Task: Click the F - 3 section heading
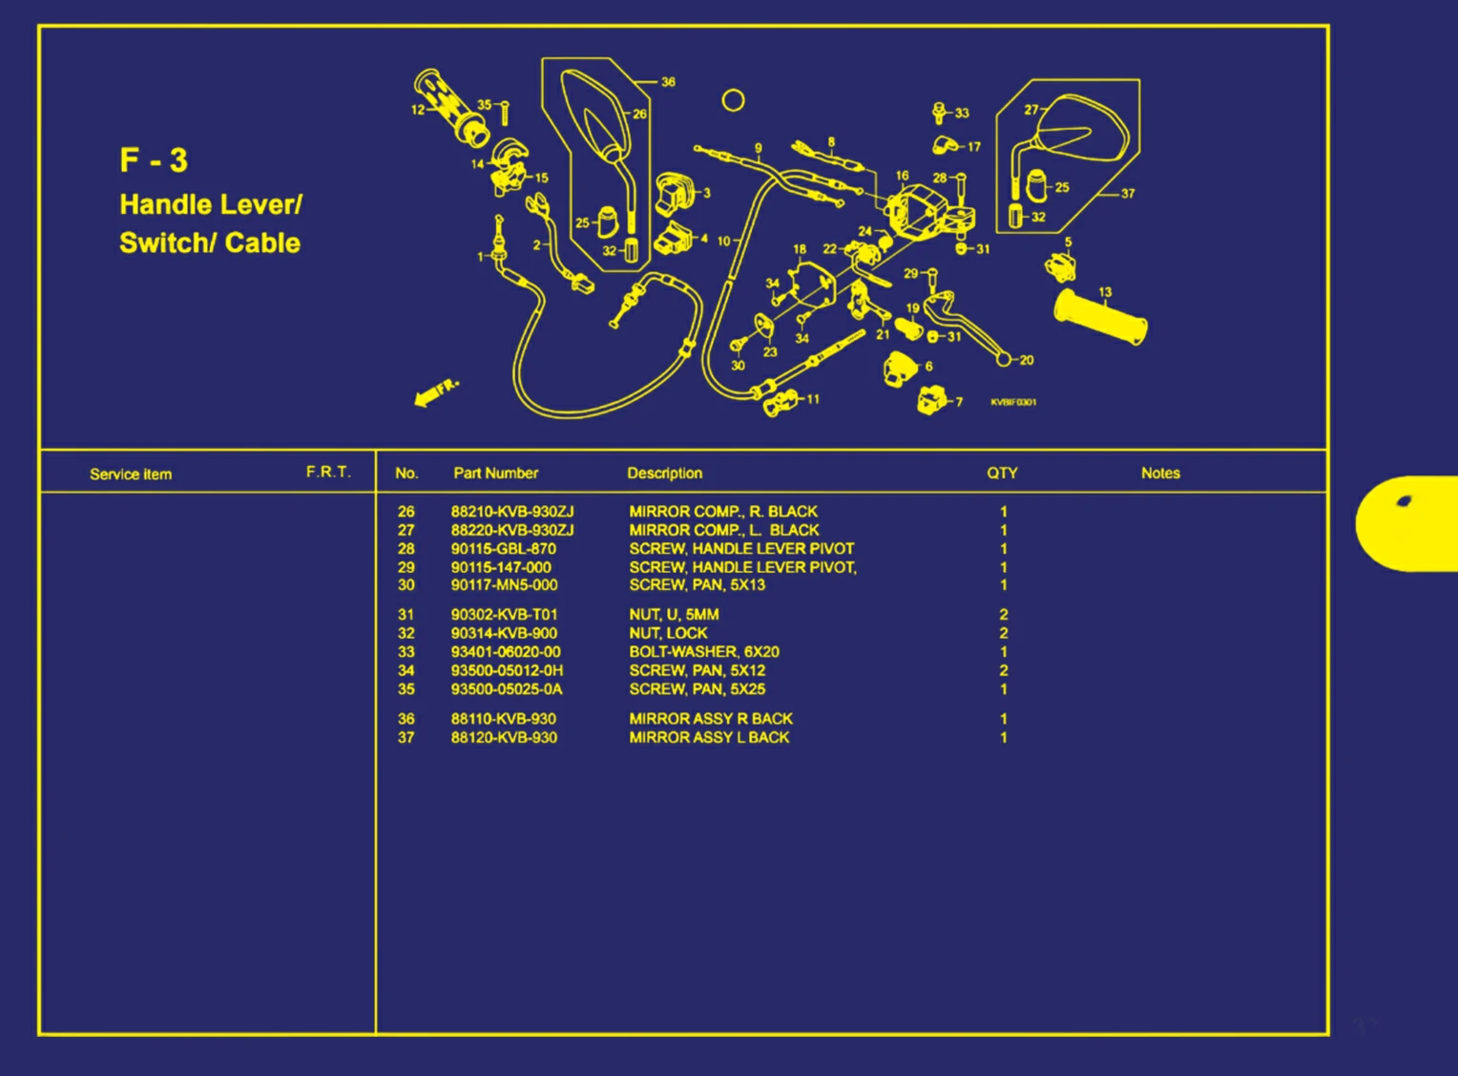click(x=154, y=160)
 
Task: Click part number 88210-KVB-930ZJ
click(x=512, y=512)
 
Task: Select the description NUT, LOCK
click(x=668, y=633)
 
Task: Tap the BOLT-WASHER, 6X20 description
click(x=703, y=652)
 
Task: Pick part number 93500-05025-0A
click(x=507, y=689)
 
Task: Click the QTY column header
click(x=1002, y=473)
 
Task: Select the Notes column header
click(x=1160, y=473)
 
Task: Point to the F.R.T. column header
click(x=328, y=472)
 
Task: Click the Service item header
click(x=131, y=475)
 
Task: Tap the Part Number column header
click(x=495, y=473)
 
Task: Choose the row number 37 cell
click(x=406, y=738)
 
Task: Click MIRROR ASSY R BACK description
click(x=711, y=719)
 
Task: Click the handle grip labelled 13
click(x=1099, y=318)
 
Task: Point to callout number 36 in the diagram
click(x=668, y=82)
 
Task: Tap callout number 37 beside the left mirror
click(x=1128, y=194)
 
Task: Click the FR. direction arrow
click(x=436, y=391)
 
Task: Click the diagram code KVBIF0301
click(x=1013, y=402)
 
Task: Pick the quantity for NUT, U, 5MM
click(x=1003, y=615)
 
